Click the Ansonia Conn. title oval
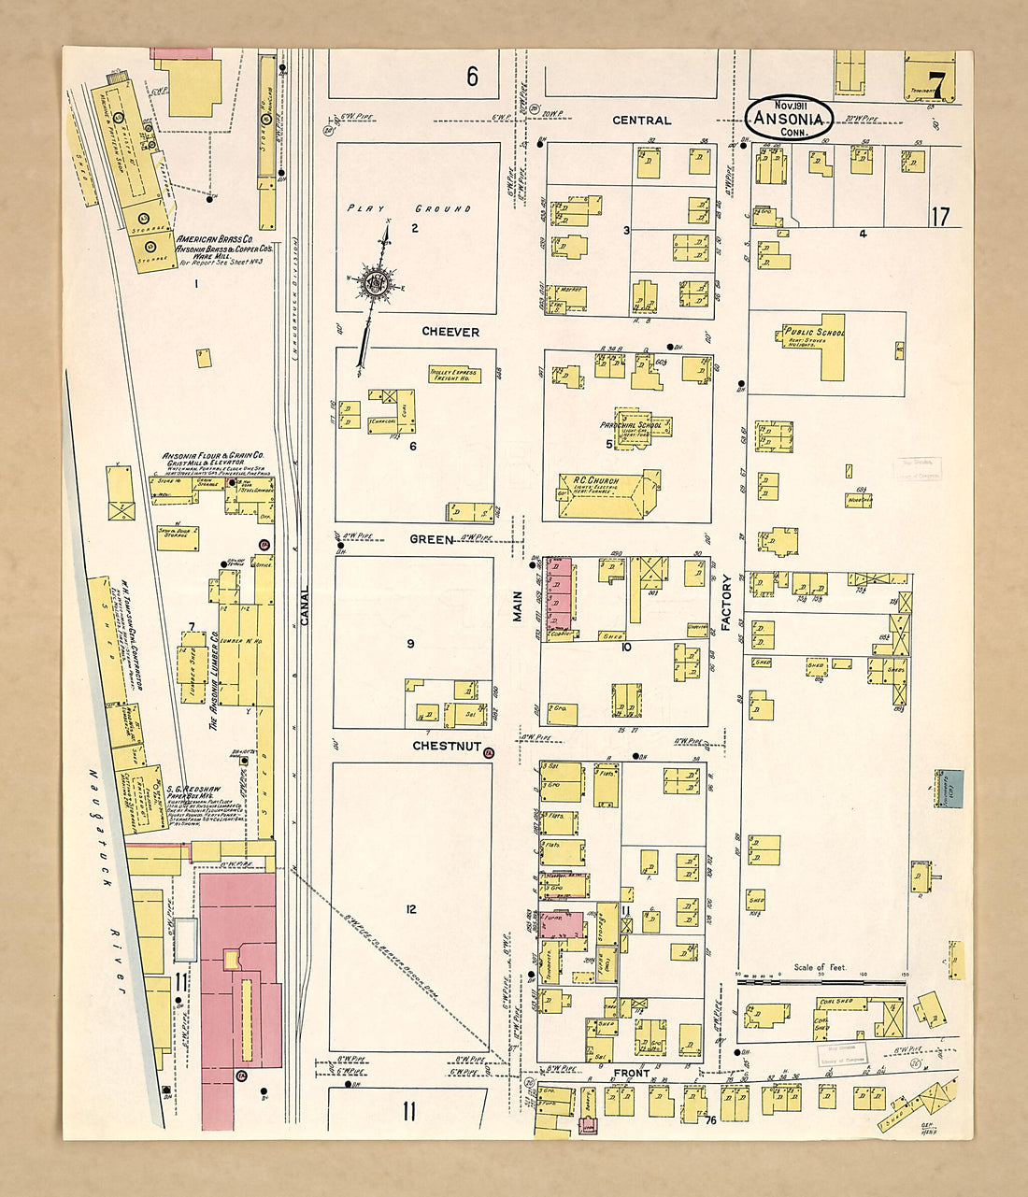tap(791, 118)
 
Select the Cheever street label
tap(450, 332)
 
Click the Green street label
tap(432, 539)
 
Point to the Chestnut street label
tap(447, 747)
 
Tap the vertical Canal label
tap(304, 606)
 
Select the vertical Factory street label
tap(726, 603)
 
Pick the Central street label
tap(641, 121)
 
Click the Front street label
tap(631, 1074)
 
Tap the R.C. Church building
tap(607, 494)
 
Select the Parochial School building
tap(641, 426)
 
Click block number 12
tap(411, 909)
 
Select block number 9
tap(410, 644)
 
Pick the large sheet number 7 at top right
tap(937, 85)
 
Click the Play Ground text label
tap(409, 208)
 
